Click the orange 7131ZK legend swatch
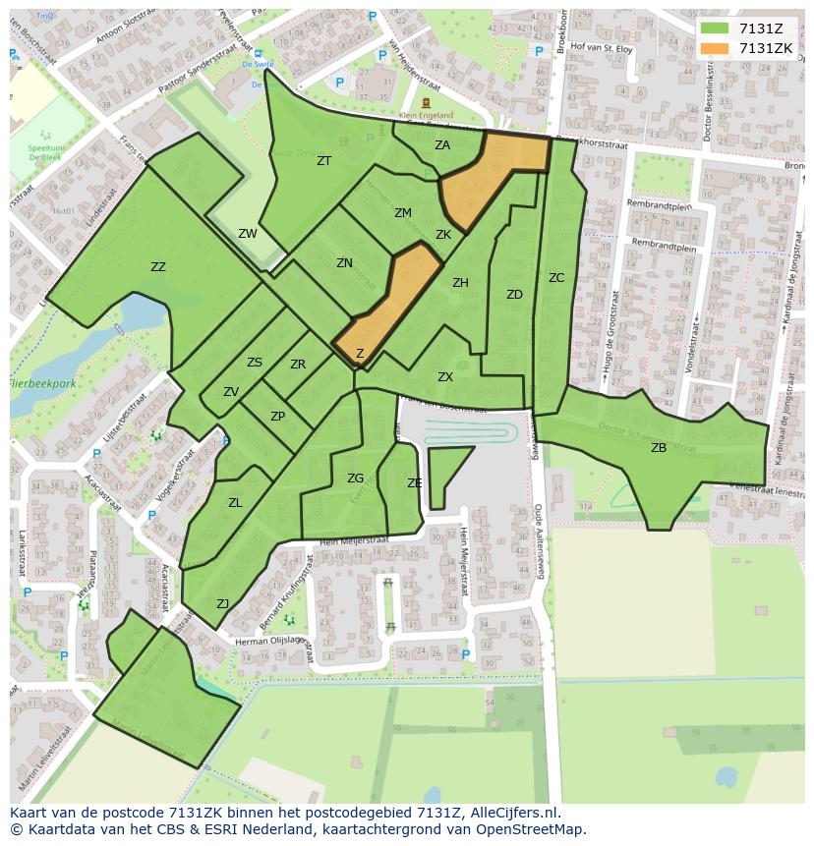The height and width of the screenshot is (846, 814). click(x=715, y=48)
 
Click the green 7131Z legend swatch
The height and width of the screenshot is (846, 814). click(x=715, y=28)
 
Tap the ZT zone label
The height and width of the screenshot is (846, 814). click(x=323, y=161)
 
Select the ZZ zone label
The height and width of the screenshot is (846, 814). click(x=158, y=267)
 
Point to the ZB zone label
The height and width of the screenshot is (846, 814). click(x=659, y=448)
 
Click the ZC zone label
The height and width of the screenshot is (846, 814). click(x=556, y=278)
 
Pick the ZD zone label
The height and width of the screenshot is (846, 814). click(x=514, y=295)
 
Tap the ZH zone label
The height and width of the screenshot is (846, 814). click(x=460, y=283)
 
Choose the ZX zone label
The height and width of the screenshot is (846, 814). click(x=445, y=377)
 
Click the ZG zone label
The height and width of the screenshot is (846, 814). click(x=355, y=479)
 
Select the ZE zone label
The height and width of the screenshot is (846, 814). click(x=415, y=483)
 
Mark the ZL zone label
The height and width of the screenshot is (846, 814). click(x=235, y=503)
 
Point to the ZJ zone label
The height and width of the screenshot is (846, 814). click(x=223, y=604)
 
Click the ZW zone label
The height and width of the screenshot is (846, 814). click(x=248, y=234)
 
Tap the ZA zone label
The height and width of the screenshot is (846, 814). click(x=442, y=145)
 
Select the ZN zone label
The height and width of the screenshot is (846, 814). click(x=344, y=263)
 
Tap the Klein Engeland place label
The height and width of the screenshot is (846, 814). click(x=426, y=115)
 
